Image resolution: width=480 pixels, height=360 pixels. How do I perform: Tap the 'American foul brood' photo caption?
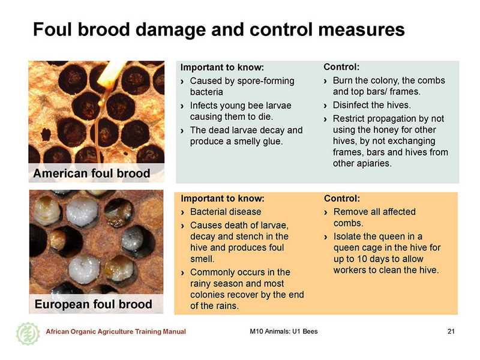click(x=92, y=173)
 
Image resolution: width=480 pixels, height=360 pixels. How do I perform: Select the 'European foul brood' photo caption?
click(x=94, y=304)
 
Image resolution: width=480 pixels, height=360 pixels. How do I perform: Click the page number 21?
click(x=451, y=331)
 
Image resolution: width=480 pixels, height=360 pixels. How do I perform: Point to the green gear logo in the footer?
click(x=28, y=334)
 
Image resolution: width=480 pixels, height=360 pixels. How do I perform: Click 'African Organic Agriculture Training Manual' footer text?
click(x=116, y=332)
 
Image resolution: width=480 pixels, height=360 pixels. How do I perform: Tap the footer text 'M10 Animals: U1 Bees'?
click(x=283, y=331)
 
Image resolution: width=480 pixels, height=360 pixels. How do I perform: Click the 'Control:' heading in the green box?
click(x=341, y=67)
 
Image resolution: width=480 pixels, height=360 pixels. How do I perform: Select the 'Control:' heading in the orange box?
click(x=342, y=199)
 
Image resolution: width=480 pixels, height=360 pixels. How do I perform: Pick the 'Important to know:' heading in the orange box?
click(x=223, y=199)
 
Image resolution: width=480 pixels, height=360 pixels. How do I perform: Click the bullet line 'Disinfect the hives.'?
click(x=371, y=105)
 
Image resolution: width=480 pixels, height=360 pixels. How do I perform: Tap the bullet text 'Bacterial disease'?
click(x=226, y=212)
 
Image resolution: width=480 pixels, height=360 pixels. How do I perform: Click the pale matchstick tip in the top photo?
click(x=112, y=73)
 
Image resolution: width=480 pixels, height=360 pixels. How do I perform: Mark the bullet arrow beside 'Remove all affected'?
click(x=326, y=212)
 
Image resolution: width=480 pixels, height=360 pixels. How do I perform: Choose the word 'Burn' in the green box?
click(x=343, y=80)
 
